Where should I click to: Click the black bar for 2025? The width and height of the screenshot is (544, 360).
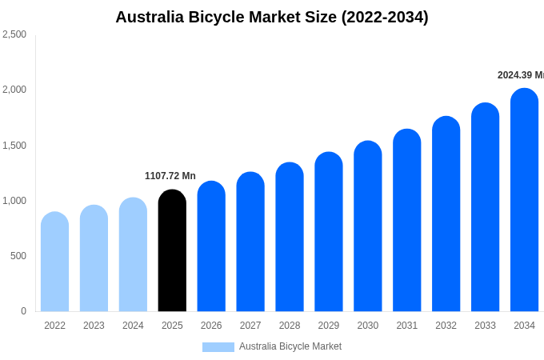coord(172,251)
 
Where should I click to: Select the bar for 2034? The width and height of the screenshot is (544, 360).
coord(524,200)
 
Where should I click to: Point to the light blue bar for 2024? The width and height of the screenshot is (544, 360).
coord(133,255)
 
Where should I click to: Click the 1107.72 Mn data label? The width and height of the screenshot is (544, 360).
coord(170,176)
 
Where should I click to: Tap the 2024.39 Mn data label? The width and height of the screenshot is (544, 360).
coord(520,75)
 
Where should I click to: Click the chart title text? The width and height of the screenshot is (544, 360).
coord(272,17)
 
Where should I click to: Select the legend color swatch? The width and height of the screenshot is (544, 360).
coord(218,347)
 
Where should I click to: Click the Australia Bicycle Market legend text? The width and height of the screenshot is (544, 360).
coord(290,346)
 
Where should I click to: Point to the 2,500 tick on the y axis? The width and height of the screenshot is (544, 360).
coord(14,34)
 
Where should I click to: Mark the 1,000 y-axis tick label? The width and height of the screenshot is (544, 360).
coord(14,201)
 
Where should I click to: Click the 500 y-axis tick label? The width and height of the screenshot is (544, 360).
coord(18,256)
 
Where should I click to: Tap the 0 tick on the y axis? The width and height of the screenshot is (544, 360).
coord(23,311)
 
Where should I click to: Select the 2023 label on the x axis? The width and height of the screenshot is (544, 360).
coord(94,326)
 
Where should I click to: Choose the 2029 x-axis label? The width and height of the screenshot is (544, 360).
coord(329,326)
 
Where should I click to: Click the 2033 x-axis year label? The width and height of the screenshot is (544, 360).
coord(485,326)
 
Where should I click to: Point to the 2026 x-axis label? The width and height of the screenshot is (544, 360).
coord(211,326)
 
